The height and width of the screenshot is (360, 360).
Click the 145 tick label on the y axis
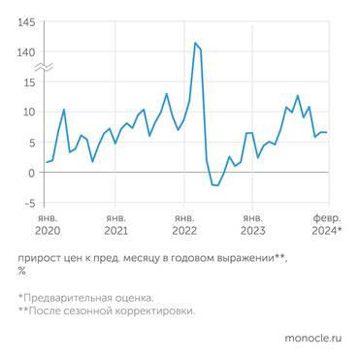(x=27, y=22)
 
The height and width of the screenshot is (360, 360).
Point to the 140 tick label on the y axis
(x=27, y=52)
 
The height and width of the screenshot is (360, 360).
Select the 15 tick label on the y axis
(x=30, y=82)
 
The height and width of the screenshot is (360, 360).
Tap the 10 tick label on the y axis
(x=30, y=113)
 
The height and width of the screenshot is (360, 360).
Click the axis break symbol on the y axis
(x=45, y=67)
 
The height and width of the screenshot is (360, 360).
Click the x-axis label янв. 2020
(x=46, y=225)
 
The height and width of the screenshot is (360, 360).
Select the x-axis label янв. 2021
(x=115, y=225)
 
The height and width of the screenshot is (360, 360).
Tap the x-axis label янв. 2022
(x=183, y=225)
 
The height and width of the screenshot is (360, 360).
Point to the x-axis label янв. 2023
(x=252, y=225)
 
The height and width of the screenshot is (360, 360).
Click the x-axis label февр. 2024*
(x=325, y=225)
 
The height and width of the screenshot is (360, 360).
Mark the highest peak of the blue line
(x=195, y=43)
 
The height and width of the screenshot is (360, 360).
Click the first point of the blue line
(x=46, y=162)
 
